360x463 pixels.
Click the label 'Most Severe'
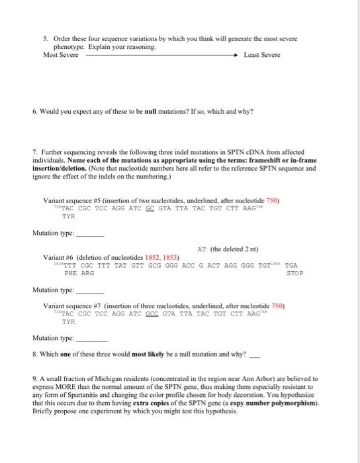pyautogui.click(x=60, y=55)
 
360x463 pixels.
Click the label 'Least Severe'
pyautogui.click(x=261, y=55)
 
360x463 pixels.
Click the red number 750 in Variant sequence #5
pyautogui.click(x=273, y=199)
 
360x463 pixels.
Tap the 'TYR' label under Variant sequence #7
pyautogui.click(x=68, y=323)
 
